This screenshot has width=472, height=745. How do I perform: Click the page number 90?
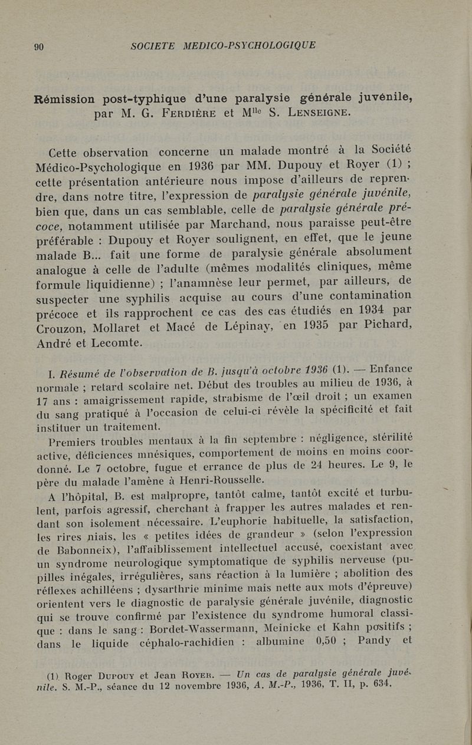(x=39, y=47)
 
